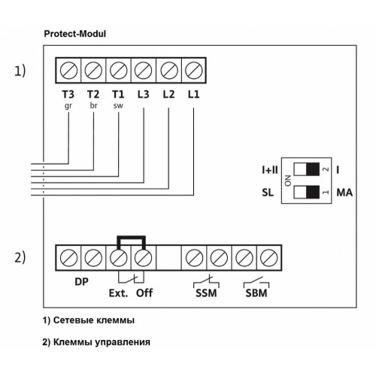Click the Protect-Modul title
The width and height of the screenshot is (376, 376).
[75, 34]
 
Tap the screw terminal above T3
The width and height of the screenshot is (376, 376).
[68, 71]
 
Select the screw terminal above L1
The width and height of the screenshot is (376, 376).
[194, 71]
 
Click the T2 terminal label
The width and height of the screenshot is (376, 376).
[93, 95]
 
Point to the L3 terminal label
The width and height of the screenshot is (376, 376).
[144, 95]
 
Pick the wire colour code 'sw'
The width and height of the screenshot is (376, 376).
[118, 106]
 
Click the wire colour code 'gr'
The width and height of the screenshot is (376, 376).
[68, 106]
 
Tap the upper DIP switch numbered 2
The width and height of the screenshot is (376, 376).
[307, 169]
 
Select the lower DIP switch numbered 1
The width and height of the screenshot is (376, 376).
[307, 193]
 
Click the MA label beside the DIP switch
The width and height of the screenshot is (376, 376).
[344, 193]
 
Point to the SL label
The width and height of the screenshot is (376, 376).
[268, 193]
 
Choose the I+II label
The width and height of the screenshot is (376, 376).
[270, 170]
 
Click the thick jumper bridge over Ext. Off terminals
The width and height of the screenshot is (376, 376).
[131, 237]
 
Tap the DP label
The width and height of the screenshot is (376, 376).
[81, 282]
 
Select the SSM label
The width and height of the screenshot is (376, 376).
[206, 293]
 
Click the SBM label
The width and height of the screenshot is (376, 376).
[256, 293]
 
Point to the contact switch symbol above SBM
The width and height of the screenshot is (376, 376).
[256, 282]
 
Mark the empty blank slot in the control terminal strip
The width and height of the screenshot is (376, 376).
[168, 258]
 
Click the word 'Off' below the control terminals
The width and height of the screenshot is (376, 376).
[144, 293]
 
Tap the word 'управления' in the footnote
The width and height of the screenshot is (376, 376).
[123, 343]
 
